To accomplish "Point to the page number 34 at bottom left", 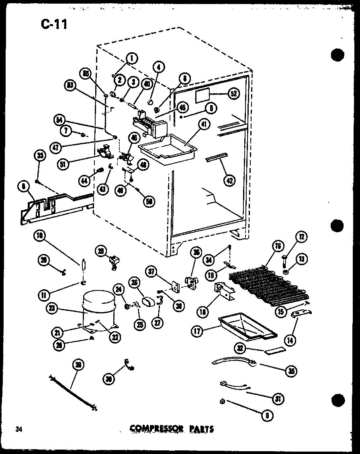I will pos(18,429).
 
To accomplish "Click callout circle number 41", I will pos(204,126).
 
